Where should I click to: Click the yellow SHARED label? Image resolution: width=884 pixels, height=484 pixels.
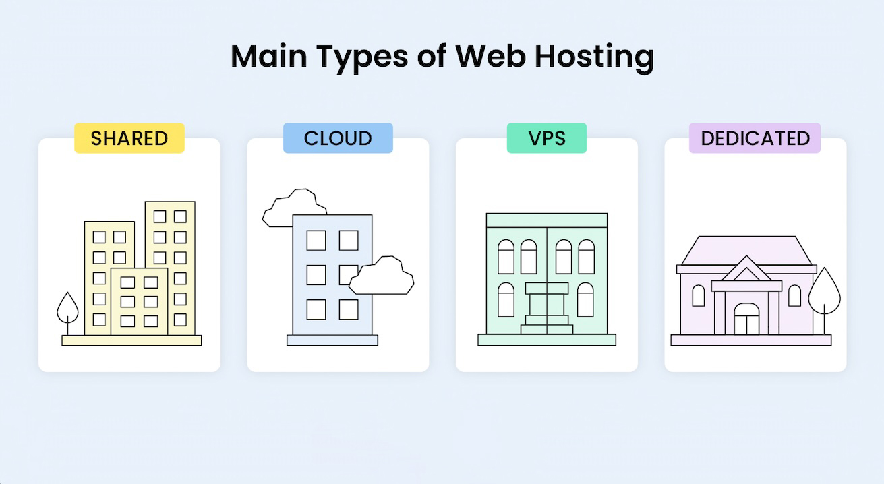pyautogui.click(x=129, y=138)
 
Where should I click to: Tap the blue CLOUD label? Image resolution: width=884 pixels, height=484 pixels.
pyautogui.click(x=338, y=138)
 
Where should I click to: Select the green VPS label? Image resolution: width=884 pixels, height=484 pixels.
pyautogui.click(x=546, y=138)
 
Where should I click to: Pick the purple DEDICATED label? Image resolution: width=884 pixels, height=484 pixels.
pyautogui.click(x=755, y=138)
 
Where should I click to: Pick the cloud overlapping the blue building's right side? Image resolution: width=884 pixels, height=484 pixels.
pyautogui.click(x=381, y=276)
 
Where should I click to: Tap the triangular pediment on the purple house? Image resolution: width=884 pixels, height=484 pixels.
pyautogui.click(x=746, y=271)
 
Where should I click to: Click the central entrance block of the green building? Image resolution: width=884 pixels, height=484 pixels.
pyautogui.click(x=547, y=307)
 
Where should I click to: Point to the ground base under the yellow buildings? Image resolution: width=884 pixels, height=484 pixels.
pyautogui.click(x=131, y=340)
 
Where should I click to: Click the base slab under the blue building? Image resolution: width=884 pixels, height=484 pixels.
pyautogui.click(x=332, y=340)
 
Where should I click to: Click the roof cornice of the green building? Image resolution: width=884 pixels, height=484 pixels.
pyautogui.click(x=547, y=220)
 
